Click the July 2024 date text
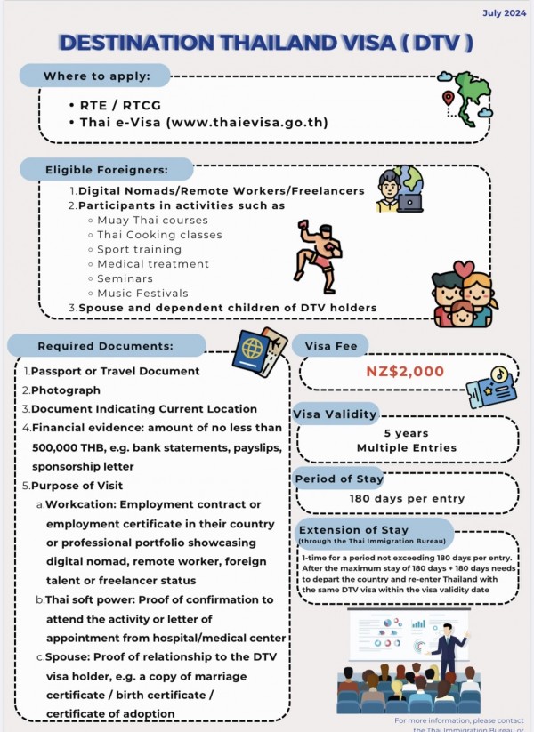(503, 13)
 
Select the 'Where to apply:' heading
(96, 76)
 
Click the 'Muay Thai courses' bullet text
(152, 220)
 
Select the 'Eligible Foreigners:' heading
(107, 169)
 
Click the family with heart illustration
(462, 293)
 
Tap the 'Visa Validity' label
(335, 414)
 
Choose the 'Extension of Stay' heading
(353, 530)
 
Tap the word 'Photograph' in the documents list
(66, 390)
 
